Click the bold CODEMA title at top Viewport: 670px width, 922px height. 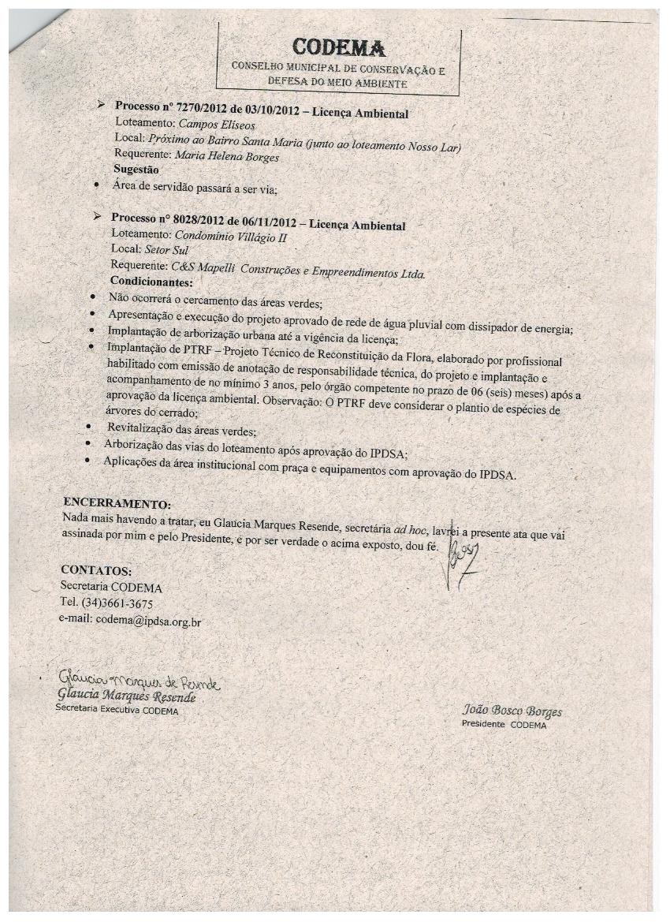point(338,48)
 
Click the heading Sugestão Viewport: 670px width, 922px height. point(136,170)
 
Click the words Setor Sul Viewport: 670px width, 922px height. point(167,250)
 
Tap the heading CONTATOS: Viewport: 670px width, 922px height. point(96,570)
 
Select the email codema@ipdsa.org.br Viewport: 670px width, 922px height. point(148,621)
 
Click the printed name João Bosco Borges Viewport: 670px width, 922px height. point(512,711)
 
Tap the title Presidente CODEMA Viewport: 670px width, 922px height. point(504,725)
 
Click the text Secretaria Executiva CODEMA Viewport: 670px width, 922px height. point(117,711)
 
